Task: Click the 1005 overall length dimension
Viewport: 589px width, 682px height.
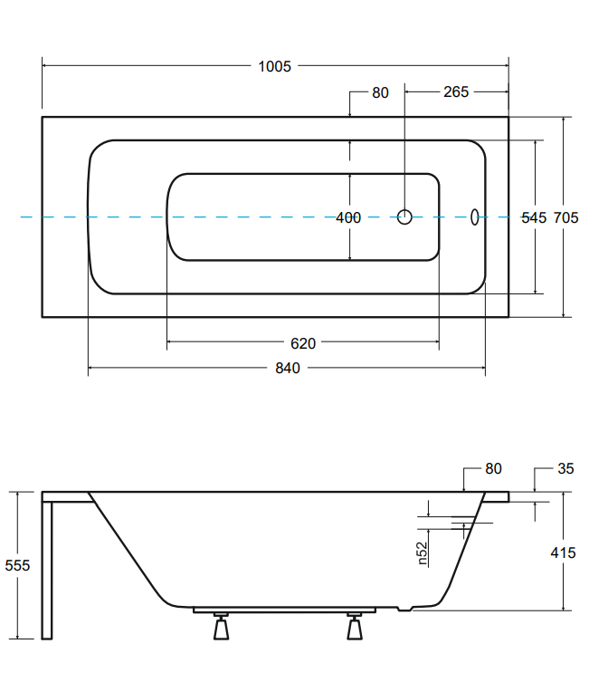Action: (x=274, y=66)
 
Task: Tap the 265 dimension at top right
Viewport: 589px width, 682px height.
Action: (x=456, y=92)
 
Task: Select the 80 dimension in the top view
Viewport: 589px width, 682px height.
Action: (x=380, y=92)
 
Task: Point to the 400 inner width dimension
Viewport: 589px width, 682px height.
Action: (x=348, y=217)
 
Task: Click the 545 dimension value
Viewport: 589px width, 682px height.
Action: (x=535, y=217)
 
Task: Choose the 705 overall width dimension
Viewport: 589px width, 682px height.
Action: (x=565, y=217)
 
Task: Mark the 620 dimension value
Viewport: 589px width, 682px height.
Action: (x=303, y=343)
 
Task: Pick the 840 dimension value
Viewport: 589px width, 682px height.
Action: (x=286, y=368)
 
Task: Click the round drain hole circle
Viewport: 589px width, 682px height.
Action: (x=405, y=216)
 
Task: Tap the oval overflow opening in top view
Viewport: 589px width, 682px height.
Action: (x=473, y=216)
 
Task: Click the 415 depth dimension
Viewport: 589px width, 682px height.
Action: (x=562, y=552)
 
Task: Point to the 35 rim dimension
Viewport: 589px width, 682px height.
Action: (x=565, y=469)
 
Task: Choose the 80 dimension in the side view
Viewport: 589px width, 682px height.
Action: (x=493, y=469)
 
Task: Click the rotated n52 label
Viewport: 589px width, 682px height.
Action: (x=422, y=553)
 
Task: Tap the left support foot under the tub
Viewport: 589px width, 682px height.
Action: (x=220, y=626)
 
